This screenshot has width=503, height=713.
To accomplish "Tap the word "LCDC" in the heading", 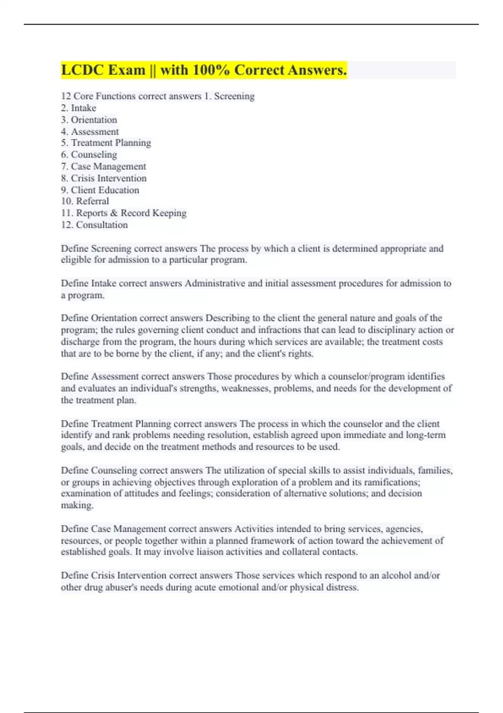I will tap(80, 70).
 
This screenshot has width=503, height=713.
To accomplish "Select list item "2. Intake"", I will tap(78, 108).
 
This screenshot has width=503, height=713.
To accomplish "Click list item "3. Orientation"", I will tap(89, 120).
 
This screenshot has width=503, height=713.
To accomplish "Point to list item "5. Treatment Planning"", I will tap(106, 143).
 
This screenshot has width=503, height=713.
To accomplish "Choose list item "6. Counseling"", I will tap(89, 155).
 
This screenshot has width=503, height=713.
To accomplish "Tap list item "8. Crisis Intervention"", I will tap(104, 178).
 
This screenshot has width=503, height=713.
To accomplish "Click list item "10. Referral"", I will tap(85, 201).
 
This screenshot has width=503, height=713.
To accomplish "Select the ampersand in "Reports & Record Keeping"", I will tap(114, 213).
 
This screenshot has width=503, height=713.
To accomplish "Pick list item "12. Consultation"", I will tap(94, 225).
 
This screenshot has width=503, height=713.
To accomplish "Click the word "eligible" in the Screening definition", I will tap(76, 260).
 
